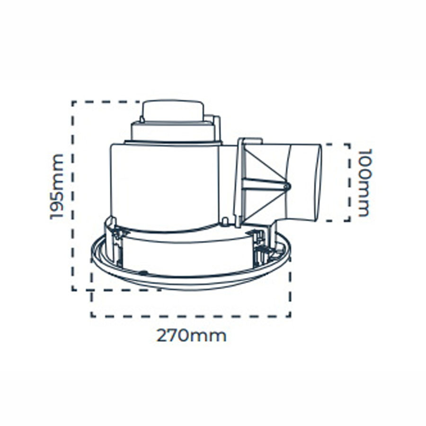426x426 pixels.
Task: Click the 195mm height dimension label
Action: click(57, 186)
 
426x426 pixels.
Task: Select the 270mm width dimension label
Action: click(191, 336)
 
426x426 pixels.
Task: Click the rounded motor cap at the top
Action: click(173, 111)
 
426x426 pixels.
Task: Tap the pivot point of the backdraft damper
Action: click(286, 186)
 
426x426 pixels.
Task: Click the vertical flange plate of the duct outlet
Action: click(239, 183)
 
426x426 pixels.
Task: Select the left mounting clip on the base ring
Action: click(114, 240)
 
